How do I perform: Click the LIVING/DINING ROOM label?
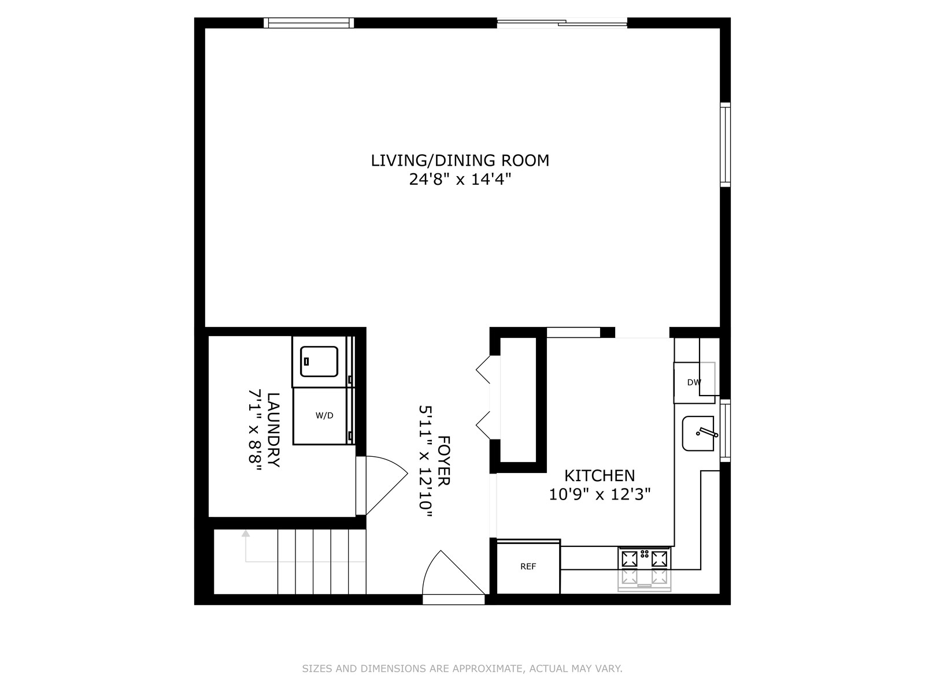pyautogui.click(x=460, y=161)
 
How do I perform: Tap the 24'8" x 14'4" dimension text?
pyautogui.click(x=460, y=180)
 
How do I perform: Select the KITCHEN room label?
pyautogui.click(x=600, y=476)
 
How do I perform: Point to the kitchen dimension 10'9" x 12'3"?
pyautogui.click(x=600, y=494)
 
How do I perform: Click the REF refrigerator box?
pyautogui.click(x=528, y=567)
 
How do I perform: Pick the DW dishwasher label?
pyautogui.click(x=694, y=382)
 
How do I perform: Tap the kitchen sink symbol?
pyautogui.click(x=698, y=433)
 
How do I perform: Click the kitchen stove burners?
pyautogui.click(x=645, y=559)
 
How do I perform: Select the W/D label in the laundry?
pyautogui.click(x=324, y=416)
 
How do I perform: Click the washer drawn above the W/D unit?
pyautogui.click(x=320, y=362)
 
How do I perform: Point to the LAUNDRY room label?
pyautogui.click(x=273, y=430)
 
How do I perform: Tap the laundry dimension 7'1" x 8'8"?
pyautogui.click(x=255, y=430)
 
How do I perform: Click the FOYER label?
pyautogui.click(x=444, y=461)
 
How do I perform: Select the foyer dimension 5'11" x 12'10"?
pyautogui.click(x=425, y=461)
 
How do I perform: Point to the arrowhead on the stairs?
pyautogui.click(x=246, y=534)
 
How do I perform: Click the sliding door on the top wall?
pyautogui.click(x=562, y=23)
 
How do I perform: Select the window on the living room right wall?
pyautogui.click(x=725, y=144)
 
